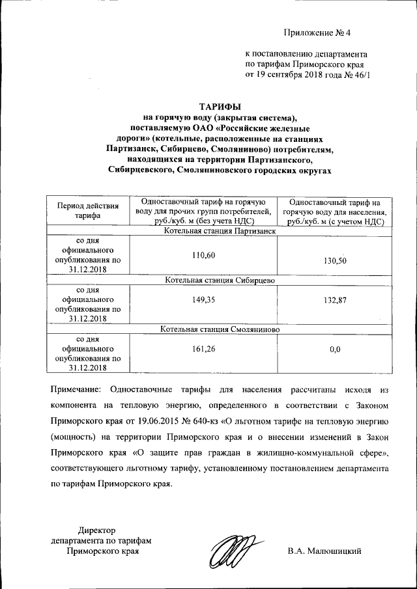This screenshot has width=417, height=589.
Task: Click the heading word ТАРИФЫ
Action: click(219, 107)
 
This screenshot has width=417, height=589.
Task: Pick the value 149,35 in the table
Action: click(203, 300)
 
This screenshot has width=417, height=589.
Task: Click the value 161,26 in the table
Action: click(203, 349)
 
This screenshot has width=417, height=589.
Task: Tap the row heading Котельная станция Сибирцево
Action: click(220, 280)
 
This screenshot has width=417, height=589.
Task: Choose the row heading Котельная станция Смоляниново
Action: click(220, 330)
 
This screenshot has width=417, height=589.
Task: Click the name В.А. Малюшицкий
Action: click(324, 551)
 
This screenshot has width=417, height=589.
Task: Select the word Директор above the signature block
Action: click(96, 530)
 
